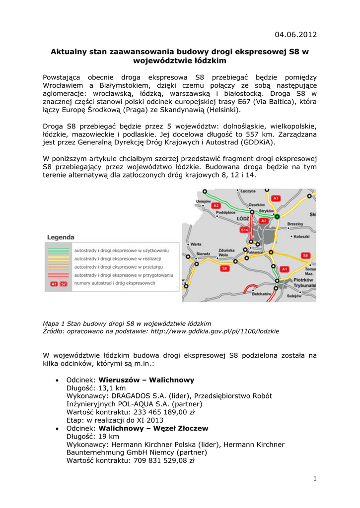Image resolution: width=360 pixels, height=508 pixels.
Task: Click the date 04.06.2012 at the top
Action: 295,34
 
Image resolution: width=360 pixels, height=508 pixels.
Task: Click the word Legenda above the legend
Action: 61,237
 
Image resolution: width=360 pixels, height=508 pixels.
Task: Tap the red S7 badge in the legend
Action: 63,284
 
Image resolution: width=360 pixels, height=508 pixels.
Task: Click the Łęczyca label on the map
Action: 247,191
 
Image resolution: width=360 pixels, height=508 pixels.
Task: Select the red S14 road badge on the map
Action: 245,230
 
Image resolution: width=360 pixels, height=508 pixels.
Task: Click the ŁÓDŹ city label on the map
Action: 243,218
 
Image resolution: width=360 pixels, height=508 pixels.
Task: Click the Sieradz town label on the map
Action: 204,253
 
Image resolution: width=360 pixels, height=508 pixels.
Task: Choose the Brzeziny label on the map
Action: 295,224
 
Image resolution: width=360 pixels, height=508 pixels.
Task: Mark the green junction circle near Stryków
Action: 277,217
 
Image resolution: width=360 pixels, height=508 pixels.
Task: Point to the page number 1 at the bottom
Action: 315,478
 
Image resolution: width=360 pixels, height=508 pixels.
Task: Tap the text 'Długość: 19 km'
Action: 93,436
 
